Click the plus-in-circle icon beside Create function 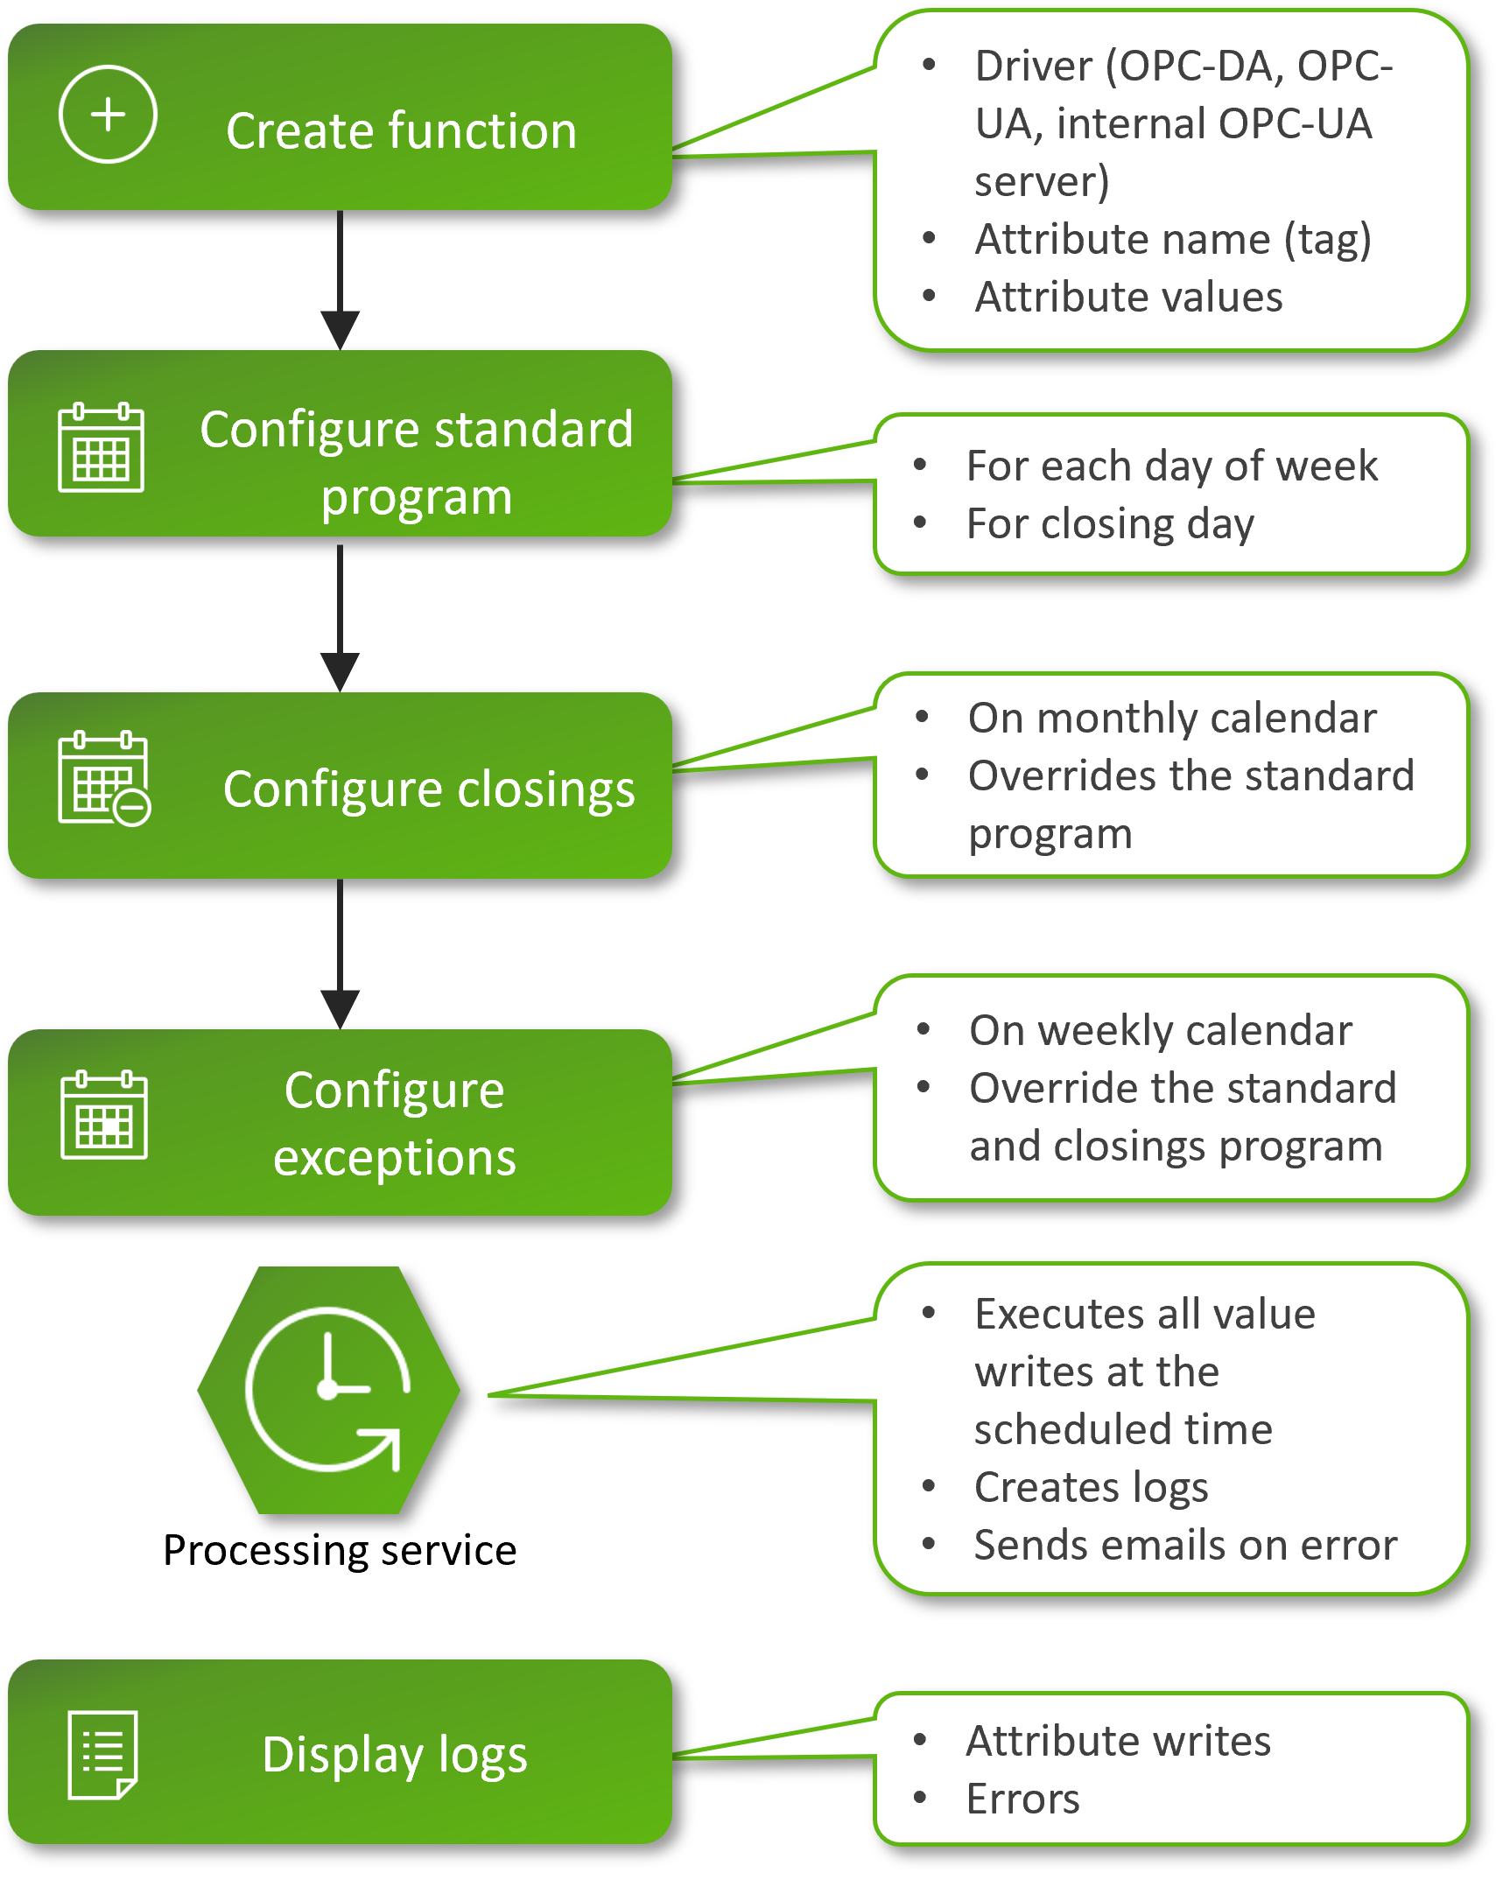108,115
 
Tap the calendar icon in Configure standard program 101,447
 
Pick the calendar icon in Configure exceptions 104,1114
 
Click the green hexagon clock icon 328,1390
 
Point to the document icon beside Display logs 102,1754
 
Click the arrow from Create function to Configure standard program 340,280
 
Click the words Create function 401,131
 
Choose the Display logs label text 395,1754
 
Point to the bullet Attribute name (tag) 1173,240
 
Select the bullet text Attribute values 1129,298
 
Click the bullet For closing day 1110,524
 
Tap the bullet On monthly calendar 1172,719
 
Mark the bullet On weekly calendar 1161,1031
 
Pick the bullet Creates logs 1091,1487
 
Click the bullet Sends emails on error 1185,1545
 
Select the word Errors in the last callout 1022,1799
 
